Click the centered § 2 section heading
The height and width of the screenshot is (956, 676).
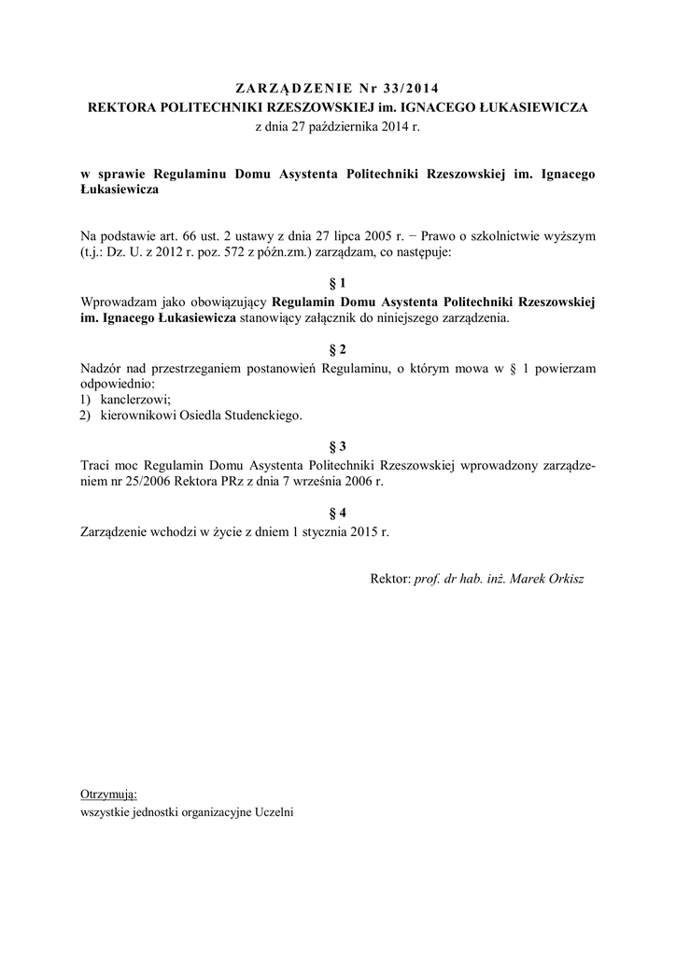[338, 349]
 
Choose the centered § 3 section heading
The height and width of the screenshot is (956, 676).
[338, 446]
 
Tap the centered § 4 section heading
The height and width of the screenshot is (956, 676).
[338, 512]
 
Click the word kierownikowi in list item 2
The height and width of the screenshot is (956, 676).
[140, 416]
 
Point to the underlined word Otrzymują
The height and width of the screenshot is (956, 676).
[109, 794]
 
